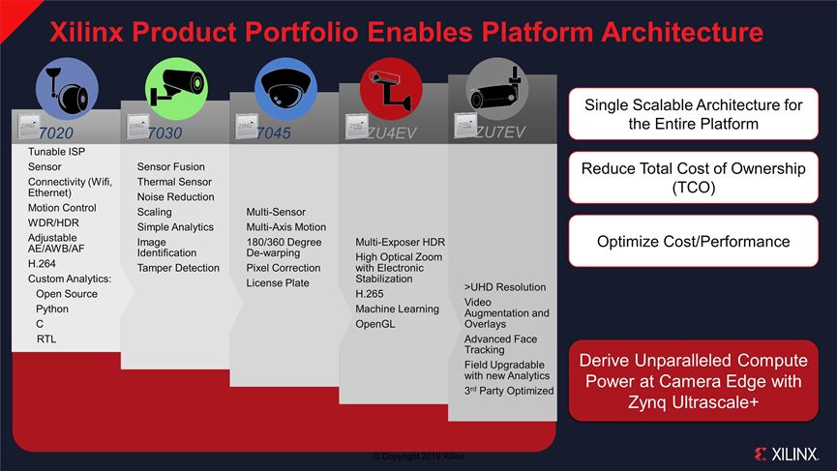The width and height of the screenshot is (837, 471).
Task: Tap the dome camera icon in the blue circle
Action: pos(285,86)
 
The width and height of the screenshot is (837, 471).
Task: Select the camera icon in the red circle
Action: pos(391,88)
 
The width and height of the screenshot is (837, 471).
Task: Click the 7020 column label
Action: pos(55,132)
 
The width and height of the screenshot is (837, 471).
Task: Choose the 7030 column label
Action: pos(164,132)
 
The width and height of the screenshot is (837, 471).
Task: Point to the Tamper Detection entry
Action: pos(178,268)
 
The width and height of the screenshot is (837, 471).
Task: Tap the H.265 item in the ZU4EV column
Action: pos(369,293)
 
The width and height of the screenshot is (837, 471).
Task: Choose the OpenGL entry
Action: pos(374,324)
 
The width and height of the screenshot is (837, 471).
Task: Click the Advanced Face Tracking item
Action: pos(500,344)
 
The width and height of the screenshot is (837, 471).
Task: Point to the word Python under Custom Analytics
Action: pos(52,309)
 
